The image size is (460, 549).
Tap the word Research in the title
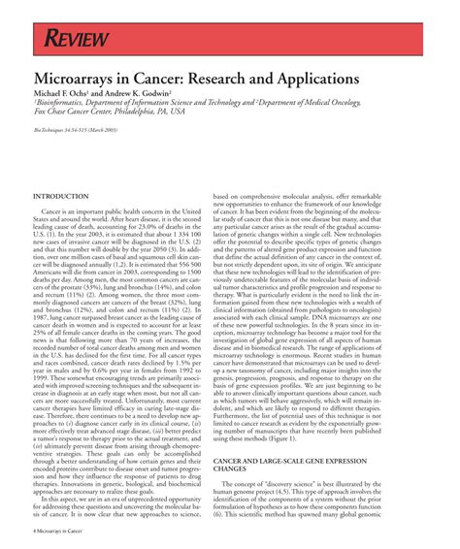click(x=247, y=78)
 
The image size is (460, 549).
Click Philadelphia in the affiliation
click(x=166, y=112)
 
